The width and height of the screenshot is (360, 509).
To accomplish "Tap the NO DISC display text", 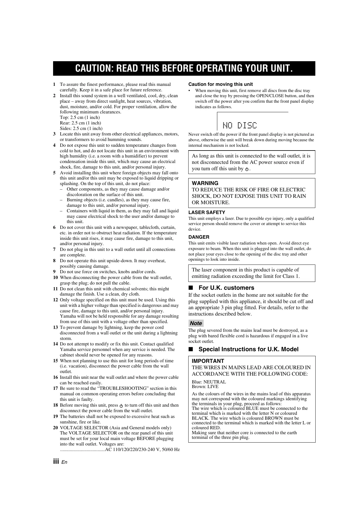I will pos(240,126).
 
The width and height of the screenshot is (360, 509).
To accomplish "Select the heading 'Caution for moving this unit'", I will pos(220,84).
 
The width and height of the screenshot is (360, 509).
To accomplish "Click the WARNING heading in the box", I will pos(205,183).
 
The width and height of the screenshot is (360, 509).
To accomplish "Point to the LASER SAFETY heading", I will pos(207,213).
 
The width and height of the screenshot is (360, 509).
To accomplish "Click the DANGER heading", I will pos(199,237).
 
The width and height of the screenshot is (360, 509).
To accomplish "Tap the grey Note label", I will pos(196,323).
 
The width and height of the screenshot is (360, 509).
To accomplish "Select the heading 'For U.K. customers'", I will pos(226,288).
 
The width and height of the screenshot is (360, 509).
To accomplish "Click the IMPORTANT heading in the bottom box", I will pos(208,361).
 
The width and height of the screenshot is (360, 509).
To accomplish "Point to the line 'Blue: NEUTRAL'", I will pos(209,382).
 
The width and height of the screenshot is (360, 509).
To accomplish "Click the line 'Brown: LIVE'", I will pos(205,387).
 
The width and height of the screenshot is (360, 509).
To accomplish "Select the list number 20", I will pos(55,428).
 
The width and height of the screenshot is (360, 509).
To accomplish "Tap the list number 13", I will pos(55,327).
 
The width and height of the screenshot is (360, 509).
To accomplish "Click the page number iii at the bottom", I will pos(56,461).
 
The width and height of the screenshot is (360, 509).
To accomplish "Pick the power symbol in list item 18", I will pos(121,405).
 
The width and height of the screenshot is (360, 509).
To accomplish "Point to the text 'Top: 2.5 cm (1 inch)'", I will pos(80,117).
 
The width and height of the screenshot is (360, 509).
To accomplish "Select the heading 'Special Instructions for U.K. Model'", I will pos(248,349).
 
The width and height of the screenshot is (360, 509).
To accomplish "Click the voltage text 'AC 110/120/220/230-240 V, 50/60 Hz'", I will pos(142,450).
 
